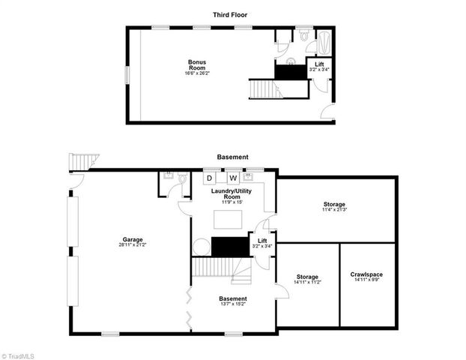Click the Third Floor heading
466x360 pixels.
point(231,14)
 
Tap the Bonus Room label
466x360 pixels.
point(197,66)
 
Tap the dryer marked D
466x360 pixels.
point(210,178)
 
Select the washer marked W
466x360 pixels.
point(233,178)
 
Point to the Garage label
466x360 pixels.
point(133,241)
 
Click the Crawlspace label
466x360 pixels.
point(367,274)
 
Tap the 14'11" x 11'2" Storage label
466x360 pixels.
point(307,278)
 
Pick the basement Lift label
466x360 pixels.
point(262,241)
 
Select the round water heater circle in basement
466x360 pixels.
point(202,247)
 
